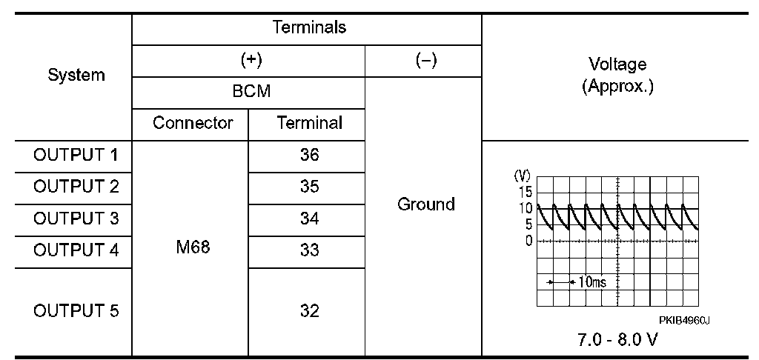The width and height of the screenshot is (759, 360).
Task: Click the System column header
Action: (76, 75)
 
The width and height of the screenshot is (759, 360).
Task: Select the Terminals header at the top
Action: (309, 28)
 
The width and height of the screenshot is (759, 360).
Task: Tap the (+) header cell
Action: (248, 61)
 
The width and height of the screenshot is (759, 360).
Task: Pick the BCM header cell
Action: (248, 92)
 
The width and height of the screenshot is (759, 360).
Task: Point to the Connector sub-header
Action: (193, 123)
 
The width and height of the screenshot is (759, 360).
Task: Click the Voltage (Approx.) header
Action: (617, 75)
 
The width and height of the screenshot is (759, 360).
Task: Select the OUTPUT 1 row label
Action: (76, 156)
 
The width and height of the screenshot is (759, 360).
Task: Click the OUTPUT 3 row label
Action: (76, 219)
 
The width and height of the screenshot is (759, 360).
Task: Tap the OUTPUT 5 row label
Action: (76, 311)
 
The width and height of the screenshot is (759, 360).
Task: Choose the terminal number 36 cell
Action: (309, 156)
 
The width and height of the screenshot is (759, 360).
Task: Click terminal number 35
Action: (309, 187)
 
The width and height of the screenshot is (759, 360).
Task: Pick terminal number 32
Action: (309, 311)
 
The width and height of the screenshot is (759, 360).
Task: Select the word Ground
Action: (425, 204)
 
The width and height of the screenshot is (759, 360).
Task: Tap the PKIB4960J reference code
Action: (684, 320)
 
